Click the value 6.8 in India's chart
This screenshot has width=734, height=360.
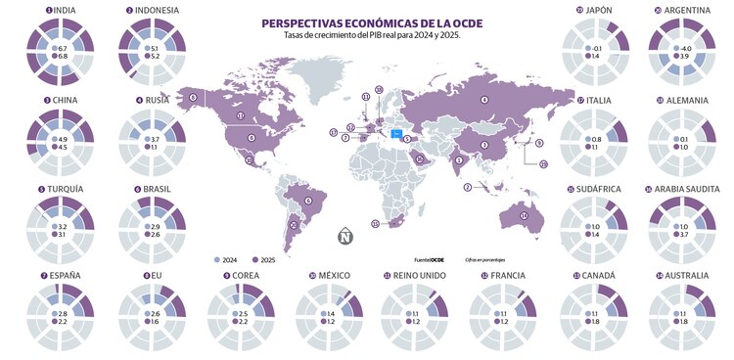point(63,56)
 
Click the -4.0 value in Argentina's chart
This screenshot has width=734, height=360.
point(685,48)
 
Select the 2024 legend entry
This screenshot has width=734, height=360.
point(228,259)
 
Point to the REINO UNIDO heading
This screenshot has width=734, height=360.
point(424,276)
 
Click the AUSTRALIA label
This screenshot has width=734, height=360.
point(692,276)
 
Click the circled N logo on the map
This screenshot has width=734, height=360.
point(345,237)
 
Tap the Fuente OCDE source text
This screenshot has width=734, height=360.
point(430,259)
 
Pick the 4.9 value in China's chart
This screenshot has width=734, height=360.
point(63,139)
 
